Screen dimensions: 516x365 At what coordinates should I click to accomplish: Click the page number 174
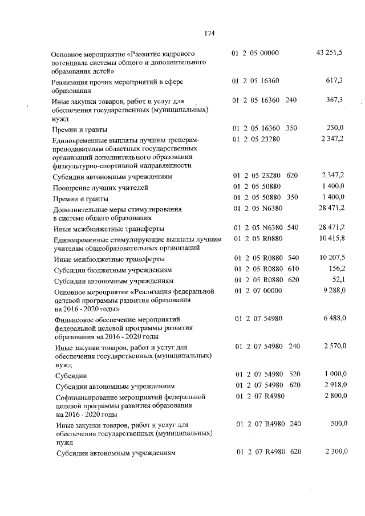(x=208, y=32)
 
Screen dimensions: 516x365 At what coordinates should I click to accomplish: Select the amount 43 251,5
(x=329, y=53)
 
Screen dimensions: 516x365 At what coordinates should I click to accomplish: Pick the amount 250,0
(x=334, y=128)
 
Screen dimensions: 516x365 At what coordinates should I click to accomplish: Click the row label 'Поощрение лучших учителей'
(x=102, y=188)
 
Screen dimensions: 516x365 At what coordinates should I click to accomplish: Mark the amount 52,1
(x=338, y=279)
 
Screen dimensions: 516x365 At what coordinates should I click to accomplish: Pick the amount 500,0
(x=336, y=424)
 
